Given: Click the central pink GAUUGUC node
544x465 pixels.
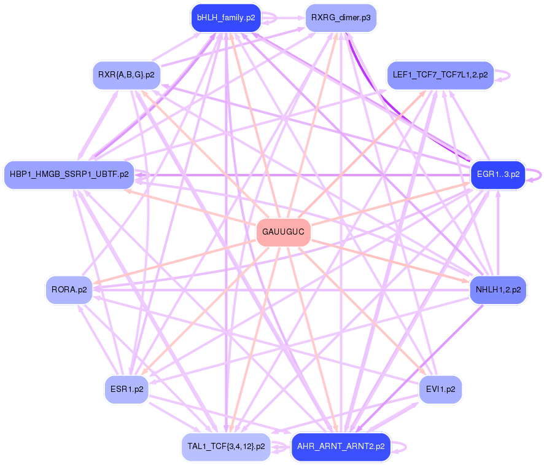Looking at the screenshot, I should pos(283,232).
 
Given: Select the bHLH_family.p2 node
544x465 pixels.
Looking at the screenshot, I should pos(226,18).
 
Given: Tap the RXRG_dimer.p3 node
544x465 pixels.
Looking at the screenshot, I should pos(341,18).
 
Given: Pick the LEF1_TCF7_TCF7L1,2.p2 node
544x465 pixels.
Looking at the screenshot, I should pos(440,75).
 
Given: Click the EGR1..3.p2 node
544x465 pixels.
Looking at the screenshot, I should pos(498,174).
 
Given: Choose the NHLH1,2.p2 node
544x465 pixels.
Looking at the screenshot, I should pos(498,289).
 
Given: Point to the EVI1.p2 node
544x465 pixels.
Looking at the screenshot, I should pos(440,389).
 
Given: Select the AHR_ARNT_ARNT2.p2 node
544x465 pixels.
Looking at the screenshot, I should pos(341,447).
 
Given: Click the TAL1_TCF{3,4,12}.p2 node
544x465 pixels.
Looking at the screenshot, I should pos(226,447).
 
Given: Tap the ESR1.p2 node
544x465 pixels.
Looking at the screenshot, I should pos(127,389).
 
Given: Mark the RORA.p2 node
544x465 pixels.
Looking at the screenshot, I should pos(69,289).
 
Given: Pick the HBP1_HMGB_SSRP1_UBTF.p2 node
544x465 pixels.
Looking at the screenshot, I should pos(69,174).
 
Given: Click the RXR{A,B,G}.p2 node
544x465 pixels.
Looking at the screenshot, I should pos(126,75).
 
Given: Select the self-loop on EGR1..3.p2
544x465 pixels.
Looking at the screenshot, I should pos(539,174).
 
